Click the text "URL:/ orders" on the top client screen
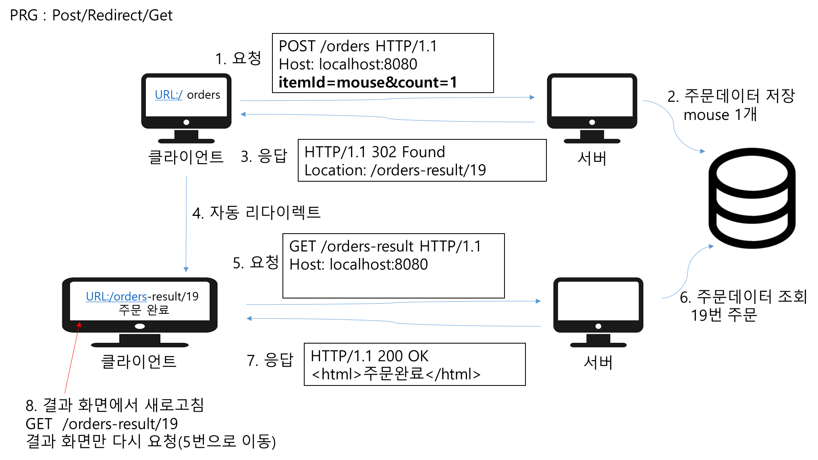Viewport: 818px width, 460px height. [x=187, y=95]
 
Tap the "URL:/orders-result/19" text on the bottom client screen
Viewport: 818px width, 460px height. [x=142, y=296]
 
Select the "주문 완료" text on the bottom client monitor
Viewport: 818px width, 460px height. [x=144, y=310]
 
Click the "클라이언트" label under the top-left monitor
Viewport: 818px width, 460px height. [x=186, y=157]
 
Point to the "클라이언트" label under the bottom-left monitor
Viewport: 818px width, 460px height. [x=139, y=361]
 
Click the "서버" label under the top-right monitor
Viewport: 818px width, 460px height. [x=592, y=158]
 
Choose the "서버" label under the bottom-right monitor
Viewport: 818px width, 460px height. [x=598, y=363]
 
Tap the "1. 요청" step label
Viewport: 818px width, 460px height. [x=237, y=58]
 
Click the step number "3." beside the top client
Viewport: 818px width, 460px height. [x=246, y=157]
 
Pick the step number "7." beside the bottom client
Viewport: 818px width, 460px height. [x=253, y=361]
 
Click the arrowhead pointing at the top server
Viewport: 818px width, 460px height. [x=532, y=97]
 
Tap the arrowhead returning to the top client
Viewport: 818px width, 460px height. [x=243, y=114]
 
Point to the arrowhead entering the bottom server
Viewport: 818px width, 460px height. [x=538, y=301]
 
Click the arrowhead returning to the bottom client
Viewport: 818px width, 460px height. [x=249, y=318]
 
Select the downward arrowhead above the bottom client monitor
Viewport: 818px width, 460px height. [x=186, y=269]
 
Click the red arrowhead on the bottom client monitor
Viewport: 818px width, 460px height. [x=79, y=325]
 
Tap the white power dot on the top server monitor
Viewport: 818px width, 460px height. [x=592, y=122]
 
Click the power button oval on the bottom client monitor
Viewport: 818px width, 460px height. [x=140, y=326]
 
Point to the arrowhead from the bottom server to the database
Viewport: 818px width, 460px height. [x=711, y=246]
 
